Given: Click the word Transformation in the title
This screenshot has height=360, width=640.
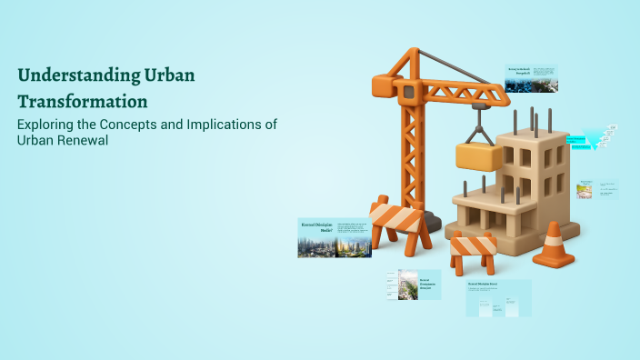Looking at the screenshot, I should click(83, 100).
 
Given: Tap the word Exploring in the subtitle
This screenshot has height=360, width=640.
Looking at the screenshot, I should click(46, 125).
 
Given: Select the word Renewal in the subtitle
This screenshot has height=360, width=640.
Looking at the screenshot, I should click(77, 140).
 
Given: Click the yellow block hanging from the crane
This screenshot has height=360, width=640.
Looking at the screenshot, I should click(479, 155).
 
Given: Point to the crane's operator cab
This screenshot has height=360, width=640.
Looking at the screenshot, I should click(408, 89).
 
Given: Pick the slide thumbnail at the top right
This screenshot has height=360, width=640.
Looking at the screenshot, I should click(532, 79).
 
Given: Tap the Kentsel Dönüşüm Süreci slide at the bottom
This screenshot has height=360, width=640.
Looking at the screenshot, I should click(498, 298).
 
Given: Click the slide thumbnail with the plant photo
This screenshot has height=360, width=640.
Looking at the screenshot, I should click(414, 285).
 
